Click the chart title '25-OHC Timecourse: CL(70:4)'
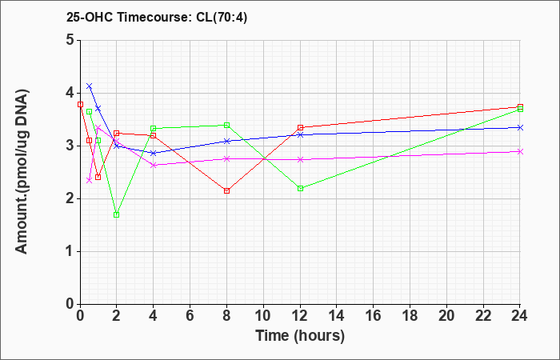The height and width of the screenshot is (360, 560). tap(157, 18)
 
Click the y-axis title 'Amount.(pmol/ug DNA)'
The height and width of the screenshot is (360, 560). tap(22, 171)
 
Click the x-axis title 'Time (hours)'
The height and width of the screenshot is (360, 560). tap(300, 336)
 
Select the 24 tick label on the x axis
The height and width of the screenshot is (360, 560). tap(520, 316)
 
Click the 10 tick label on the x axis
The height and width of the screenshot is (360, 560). tap(263, 316)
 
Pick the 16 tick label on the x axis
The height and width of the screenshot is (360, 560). tap(374, 316)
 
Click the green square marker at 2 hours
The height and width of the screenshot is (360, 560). tap(117, 214)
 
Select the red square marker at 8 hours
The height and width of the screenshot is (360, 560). tap(226, 190)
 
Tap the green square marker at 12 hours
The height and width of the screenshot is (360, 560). tap(300, 188)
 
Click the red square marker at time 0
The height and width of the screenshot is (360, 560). tap(80, 104)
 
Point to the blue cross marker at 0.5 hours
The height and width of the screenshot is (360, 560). tap(90, 86)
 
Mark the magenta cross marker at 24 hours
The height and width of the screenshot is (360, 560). tap(520, 151)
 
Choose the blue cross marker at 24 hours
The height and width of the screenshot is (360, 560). tap(520, 127)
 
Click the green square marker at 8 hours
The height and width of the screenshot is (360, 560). tap(226, 125)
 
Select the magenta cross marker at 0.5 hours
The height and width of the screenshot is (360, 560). tap(90, 180)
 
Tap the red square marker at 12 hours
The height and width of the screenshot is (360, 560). tap(300, 127)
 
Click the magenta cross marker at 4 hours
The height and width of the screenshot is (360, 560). tap(154, 165)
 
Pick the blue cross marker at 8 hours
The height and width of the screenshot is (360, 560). tap(226, 141)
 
